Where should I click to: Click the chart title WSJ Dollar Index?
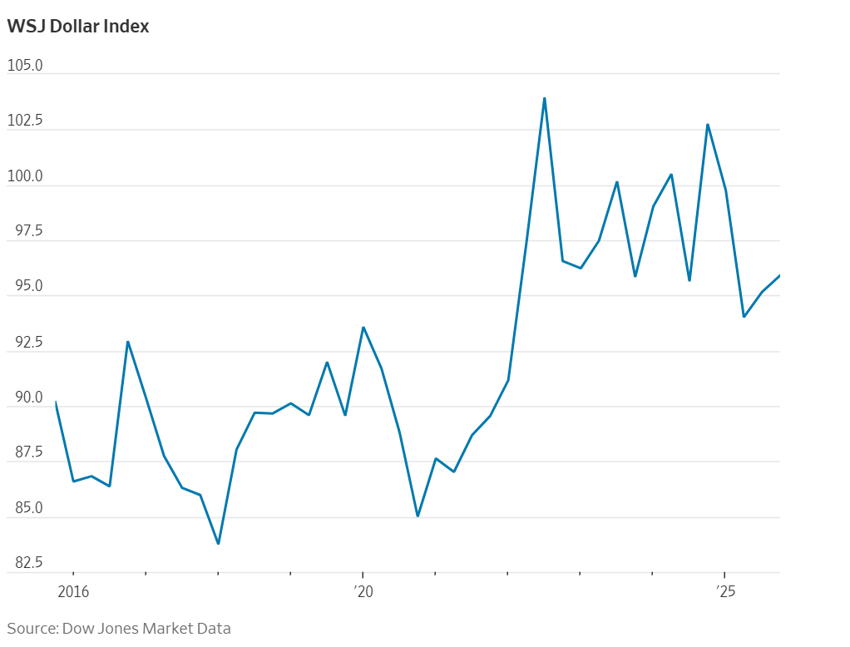coord(78,26)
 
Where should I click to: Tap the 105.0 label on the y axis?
coord(25,65)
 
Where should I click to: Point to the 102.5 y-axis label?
coord(25,121)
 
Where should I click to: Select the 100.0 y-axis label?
coord(25,176)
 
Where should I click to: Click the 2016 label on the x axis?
coord(73,592)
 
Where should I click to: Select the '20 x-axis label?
coord(363,592)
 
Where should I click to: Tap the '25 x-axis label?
coord(726,592)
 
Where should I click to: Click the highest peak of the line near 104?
coord(544,98)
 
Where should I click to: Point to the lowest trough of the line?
coord(218,544)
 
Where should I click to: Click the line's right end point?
coord(779,275)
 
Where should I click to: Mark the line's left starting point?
coord(56,403)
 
